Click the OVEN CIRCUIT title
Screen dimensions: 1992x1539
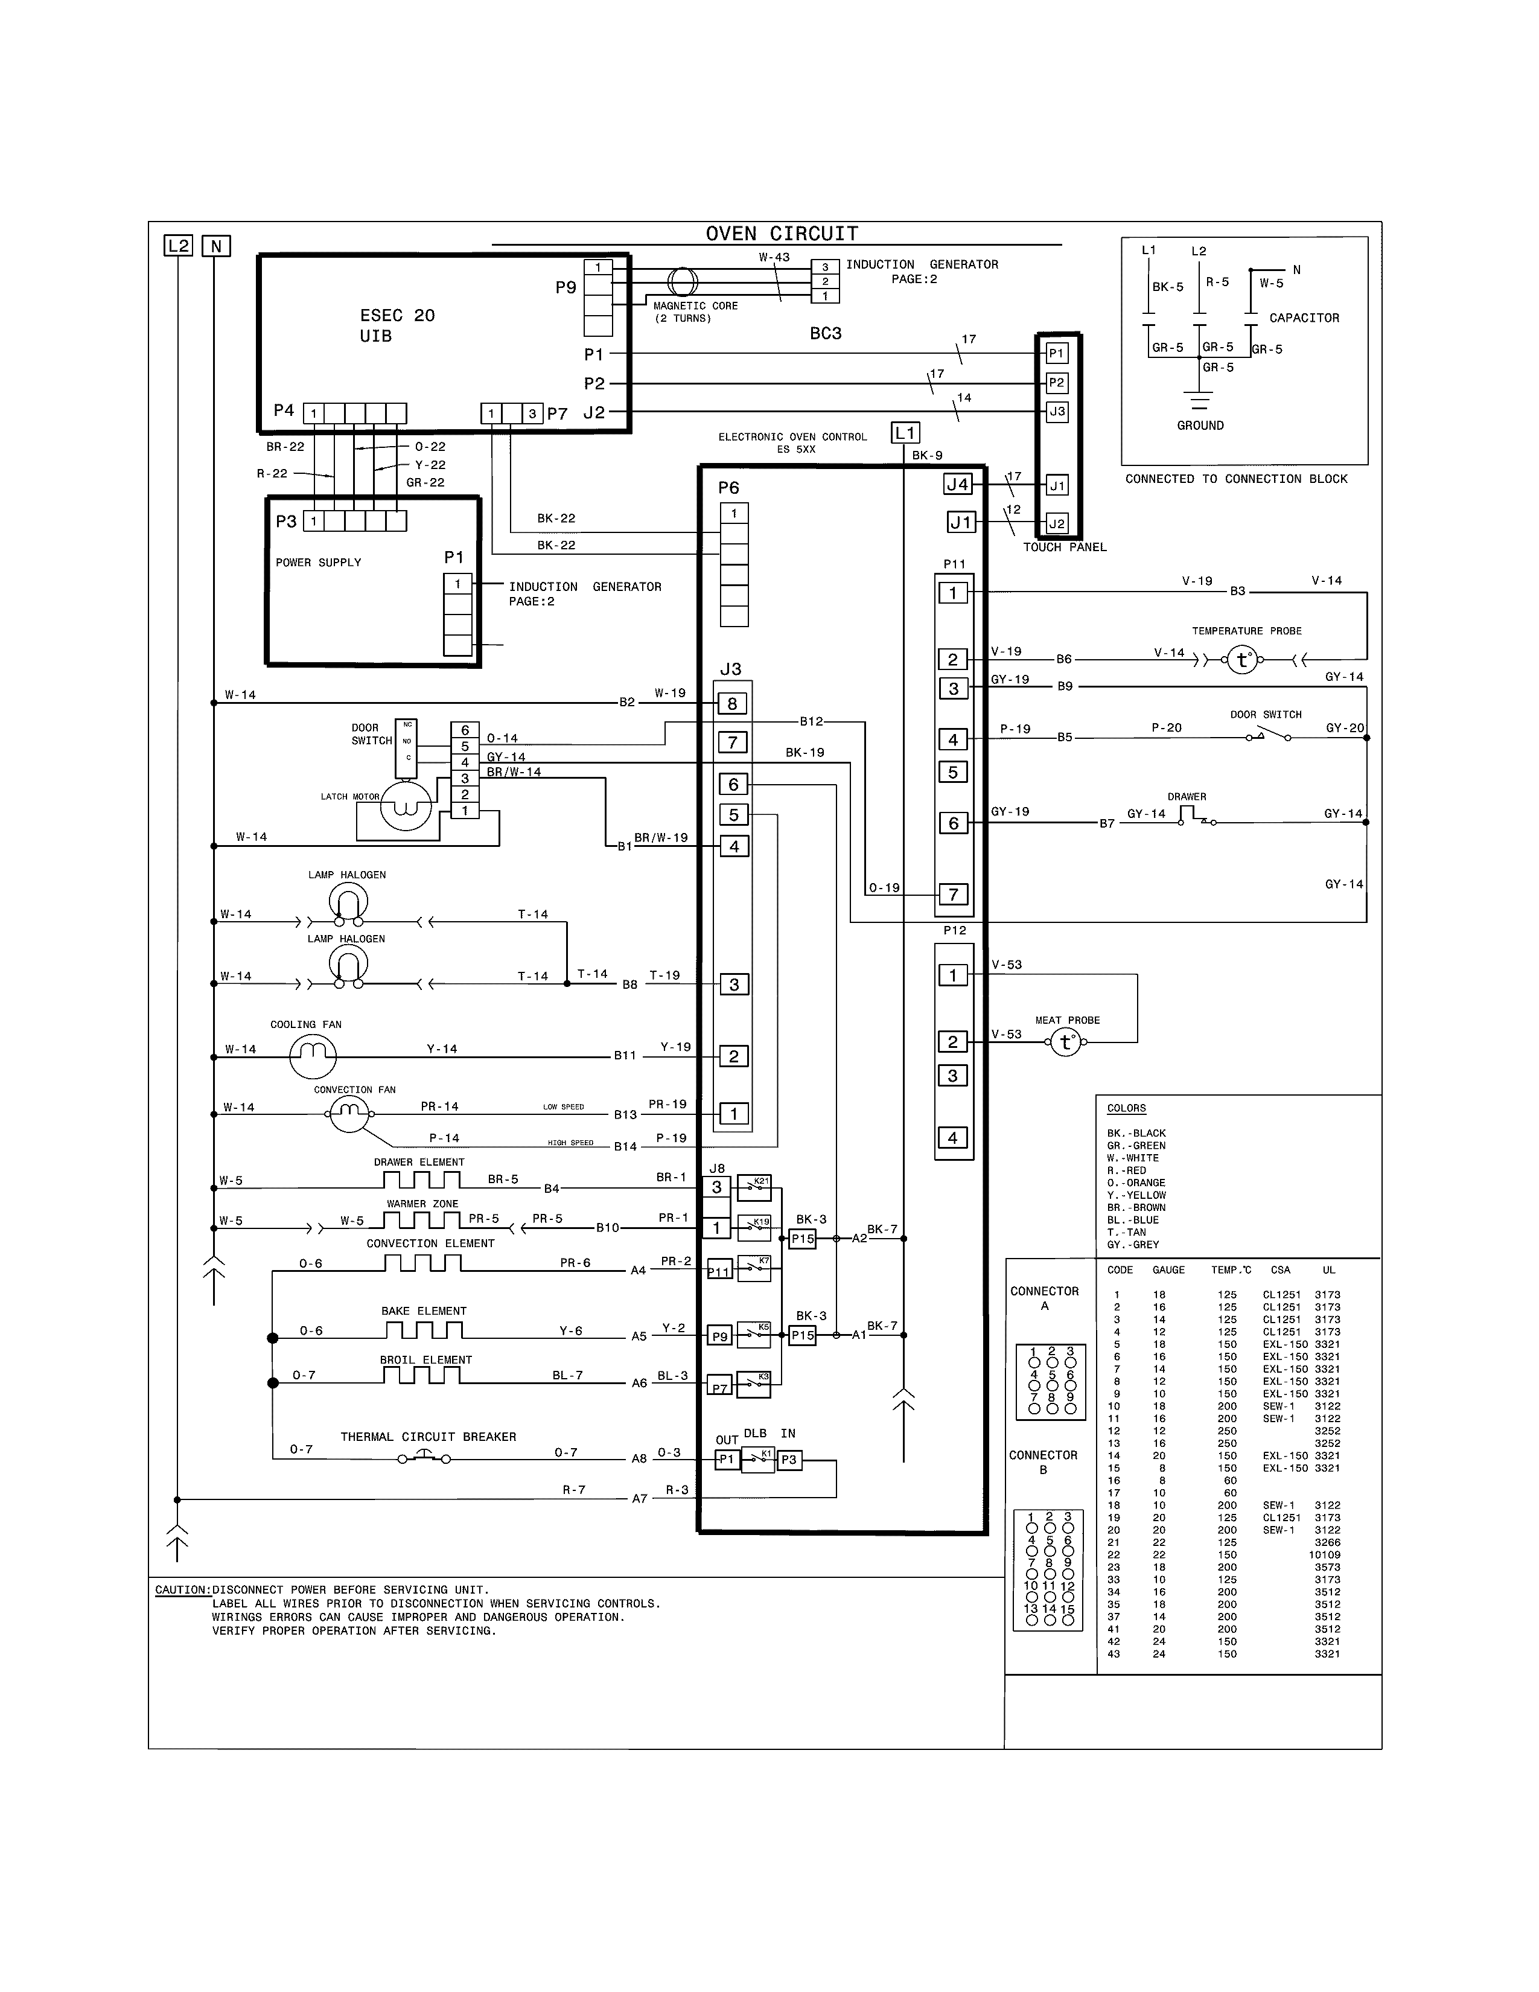[x=782, y=234]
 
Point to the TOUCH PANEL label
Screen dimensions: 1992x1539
[x=1064, y=547]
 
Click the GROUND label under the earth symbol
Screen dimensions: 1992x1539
[x=1200, y=425]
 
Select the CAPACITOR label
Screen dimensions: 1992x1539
[x=1304, y=318]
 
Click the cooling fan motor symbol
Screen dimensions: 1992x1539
[x=313, y=1056]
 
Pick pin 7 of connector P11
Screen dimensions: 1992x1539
[x=953, y=894]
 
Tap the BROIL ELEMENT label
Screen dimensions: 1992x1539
[x=425, y=1360]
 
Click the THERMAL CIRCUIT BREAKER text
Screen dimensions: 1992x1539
[x=428, y=1437]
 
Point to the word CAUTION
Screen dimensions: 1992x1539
[x=182, y=1590]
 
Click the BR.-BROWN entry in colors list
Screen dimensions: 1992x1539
[x=1136, y=1208]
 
